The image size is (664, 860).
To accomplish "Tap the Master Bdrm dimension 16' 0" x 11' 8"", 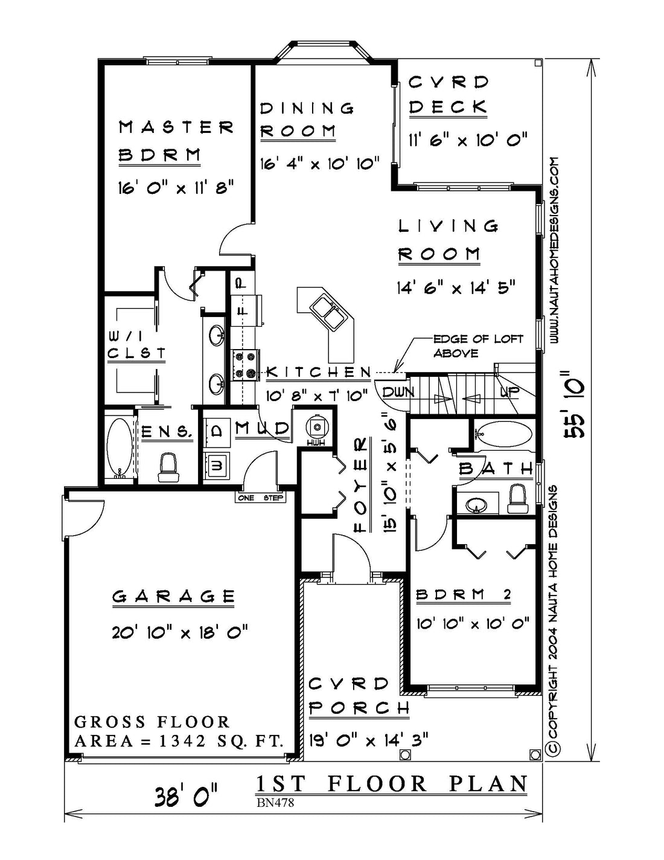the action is click(x=176, y=187).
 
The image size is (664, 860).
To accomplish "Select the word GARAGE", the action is click(x=174, y=596).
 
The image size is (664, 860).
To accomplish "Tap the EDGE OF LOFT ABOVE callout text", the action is click(x=477, y=345).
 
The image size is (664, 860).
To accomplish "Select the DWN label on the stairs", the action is click(x=398, y=392).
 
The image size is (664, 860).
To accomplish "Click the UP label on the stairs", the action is click(x=509, y=392).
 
